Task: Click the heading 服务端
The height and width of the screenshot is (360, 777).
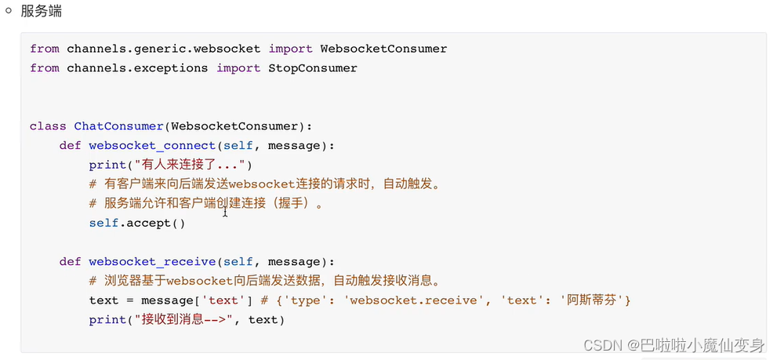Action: pos(42,12)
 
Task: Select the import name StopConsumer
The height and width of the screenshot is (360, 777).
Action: pos(313,68)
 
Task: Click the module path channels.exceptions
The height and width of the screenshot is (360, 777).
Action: pos(137,68)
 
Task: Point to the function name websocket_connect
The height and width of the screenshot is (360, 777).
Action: pos(152,145)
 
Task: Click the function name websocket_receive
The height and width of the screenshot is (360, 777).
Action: pos(152,261)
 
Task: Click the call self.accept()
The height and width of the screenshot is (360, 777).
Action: pos(137,223)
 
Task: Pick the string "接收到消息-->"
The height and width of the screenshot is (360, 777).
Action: pos(184,319)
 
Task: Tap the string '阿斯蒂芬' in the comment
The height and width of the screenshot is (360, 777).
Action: pos(595,300)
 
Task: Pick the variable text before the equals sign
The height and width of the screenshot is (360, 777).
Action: pos(103,300)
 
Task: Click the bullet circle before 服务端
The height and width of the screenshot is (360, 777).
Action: pos(9,11)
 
